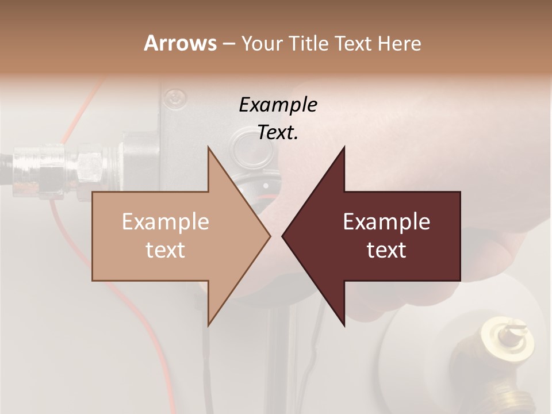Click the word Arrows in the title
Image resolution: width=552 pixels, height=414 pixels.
tap(179, 43)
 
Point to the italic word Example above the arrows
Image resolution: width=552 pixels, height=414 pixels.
tap(278, 105)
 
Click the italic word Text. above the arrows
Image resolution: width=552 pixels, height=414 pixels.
tap(278, 133)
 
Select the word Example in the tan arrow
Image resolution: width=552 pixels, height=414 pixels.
tap(166, 222)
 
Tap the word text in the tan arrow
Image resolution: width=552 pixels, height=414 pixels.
tap(166, 250)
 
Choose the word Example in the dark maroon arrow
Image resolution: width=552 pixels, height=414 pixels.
tap(386, 222)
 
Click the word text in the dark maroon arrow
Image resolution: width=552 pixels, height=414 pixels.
tap(386, 250)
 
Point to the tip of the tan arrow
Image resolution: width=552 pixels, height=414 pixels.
tap(270, 236)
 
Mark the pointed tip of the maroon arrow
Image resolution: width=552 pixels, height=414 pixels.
tap(282, 236)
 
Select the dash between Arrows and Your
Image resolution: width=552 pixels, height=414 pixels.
tap(228, 44)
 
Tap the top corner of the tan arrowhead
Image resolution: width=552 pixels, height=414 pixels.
tap(208, 147)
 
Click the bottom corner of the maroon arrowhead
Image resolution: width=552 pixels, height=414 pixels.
tap(344, 325)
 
